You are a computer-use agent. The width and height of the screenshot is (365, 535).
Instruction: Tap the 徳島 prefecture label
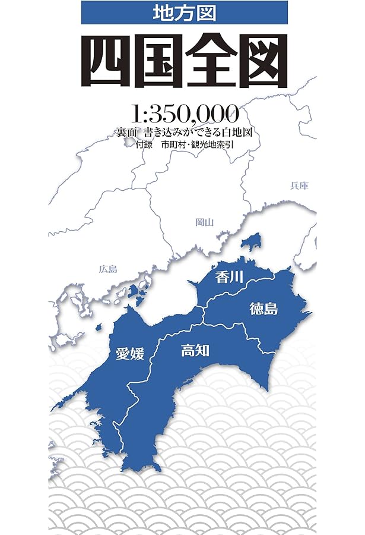pyautogui.click(x=264, y=309)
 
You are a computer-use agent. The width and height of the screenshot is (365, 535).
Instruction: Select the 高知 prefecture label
pyautogui.click(x=195, y=350)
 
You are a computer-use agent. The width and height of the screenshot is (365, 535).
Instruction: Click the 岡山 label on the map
pyautogui.click(x=204, y=222)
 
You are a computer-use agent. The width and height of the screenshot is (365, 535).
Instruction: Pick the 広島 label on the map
pyautogui.click(x=108, y=269)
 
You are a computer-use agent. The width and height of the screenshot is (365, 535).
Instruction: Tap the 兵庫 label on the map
pyautogui.click(x=300, y=185)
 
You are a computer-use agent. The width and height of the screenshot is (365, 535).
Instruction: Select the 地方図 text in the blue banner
pyautogui.click(x=185, y=12)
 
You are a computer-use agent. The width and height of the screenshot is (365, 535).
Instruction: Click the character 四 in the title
pyautogui.click(x=106, y=61)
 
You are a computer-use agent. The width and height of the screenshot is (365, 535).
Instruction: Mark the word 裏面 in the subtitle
pyautogui.click(x=127, y=132)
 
